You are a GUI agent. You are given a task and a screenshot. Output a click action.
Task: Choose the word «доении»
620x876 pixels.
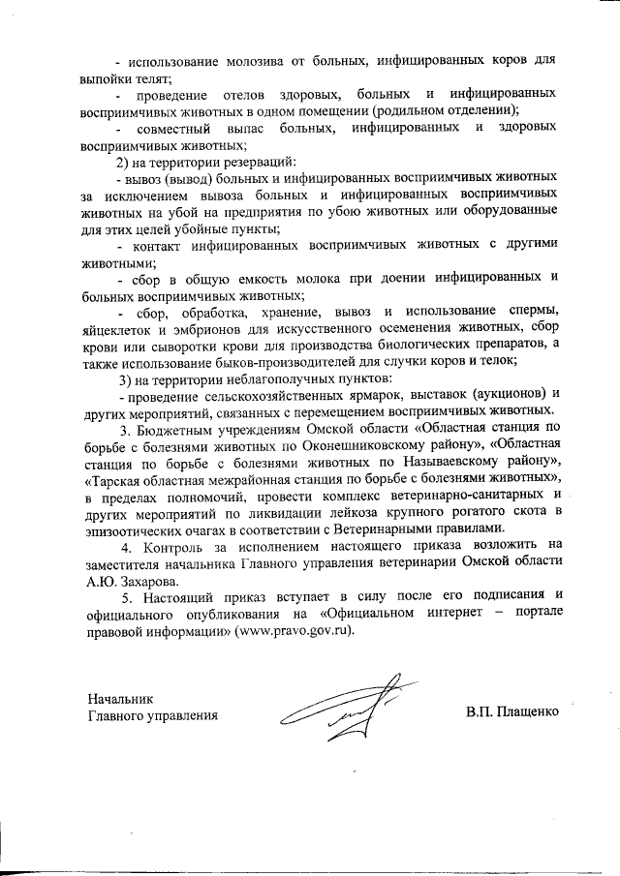pyautogui.click(x=352, y=279)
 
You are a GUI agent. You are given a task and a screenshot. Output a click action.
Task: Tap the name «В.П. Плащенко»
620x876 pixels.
pyautogui.click(x=512, y=715)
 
